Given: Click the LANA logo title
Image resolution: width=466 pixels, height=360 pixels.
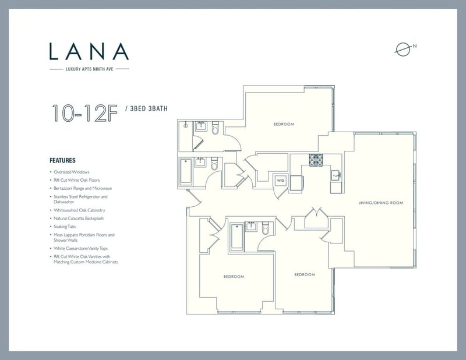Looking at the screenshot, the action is [89, 51].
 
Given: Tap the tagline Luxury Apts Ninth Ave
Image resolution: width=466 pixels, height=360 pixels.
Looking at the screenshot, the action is [90, 69].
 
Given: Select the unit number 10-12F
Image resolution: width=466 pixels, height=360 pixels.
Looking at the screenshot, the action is [84, 113].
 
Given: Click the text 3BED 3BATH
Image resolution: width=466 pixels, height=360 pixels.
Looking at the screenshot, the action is [149, 108].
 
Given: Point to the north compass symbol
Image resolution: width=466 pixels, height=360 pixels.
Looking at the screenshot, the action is [404, 50].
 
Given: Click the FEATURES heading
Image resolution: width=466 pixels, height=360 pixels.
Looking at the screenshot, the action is [62, 161].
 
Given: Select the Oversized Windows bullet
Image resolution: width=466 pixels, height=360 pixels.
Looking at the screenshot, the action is [71, 172].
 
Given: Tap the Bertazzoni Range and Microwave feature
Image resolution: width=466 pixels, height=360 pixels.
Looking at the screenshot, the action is [83, 188].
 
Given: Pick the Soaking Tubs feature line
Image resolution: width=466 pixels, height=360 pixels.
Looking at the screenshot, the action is [65, 227].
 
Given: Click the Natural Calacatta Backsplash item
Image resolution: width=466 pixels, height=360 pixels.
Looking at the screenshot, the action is [79, 218].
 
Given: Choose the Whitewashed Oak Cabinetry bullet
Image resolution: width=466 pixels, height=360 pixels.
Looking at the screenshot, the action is [79, 210].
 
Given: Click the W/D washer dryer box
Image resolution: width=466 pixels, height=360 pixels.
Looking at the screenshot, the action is [280, 181].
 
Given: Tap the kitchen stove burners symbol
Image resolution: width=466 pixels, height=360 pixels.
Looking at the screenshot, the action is [316, 160].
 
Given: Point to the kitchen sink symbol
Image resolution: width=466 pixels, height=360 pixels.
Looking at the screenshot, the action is [336, 176].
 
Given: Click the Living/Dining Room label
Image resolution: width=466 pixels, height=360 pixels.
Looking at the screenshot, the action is [381, 203].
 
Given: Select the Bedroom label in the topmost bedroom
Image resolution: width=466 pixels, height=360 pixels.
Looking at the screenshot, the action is [284, 124].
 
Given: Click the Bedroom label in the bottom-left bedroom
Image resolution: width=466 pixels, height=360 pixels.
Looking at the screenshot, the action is [234, 277].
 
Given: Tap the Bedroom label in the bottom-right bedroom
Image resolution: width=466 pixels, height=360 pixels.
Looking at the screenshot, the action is [305, 275].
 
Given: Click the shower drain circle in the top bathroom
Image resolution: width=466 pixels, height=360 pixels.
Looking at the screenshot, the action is [186, 126].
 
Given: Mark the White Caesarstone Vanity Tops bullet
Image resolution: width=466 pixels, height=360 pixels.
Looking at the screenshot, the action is [80, 248].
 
